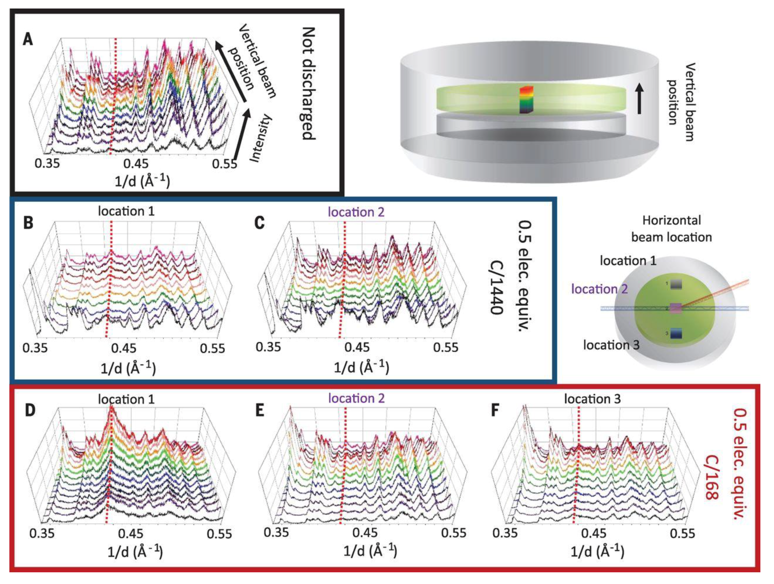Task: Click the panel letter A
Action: click(x=28, y=39)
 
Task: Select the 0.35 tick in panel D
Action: click(x=42, y=534)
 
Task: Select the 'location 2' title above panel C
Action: click(x=356, y=212)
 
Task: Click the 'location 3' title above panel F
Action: click(x=592, y=399)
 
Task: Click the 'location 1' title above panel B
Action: click(x=126, y=211)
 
